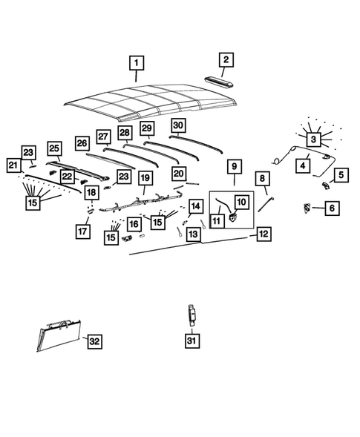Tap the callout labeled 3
(x=314, y=139)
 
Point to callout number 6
(x=331, y=209)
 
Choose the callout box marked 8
(x=262, y=178)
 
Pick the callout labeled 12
(x=264, y=234)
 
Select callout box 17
(x=82, y=231)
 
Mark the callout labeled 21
(x=13, y=165)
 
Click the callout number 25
(x=54, y=148)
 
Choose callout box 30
(x=178, y=125)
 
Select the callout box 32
(x=94, y=341)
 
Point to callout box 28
(x=125, y=133)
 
